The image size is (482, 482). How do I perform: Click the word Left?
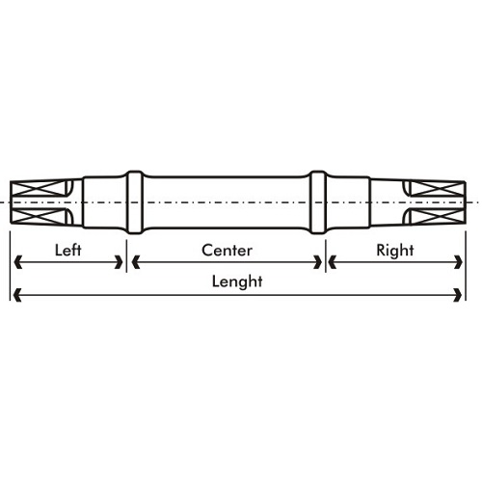[x=67, y=250]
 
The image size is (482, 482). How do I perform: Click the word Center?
[x=227, y=251]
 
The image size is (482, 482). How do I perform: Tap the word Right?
[x=395, y=251]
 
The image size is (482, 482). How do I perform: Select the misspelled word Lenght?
[x=237, y=281]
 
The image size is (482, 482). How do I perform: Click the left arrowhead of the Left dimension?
[x=18, y=262]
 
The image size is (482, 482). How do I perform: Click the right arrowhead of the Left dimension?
[x=119, y=262]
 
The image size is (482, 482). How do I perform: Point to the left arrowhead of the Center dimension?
[x=136, y=262]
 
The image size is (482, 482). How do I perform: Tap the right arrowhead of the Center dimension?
[x=318, y=262]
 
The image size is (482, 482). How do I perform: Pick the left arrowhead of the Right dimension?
[x=333, y=262]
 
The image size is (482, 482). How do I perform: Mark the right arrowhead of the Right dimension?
[x=459, y=262]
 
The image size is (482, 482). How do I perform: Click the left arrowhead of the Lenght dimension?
[x=18, y=295]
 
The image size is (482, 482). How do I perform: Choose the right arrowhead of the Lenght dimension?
[x=458, y=295]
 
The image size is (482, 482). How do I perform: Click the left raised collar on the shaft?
[x=135, y=202]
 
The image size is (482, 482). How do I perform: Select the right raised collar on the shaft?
[x=318, y=202]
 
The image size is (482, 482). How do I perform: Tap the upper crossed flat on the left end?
[x=38, y=188]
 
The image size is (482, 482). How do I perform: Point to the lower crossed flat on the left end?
[x=38, y=216]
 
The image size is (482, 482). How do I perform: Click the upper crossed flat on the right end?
[x=438, y=189]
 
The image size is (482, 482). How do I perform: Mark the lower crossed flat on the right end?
[x=438, y=216]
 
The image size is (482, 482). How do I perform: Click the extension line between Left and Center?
[x=126, y=255]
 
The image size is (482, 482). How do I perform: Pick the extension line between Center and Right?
[x=326, y=255]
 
